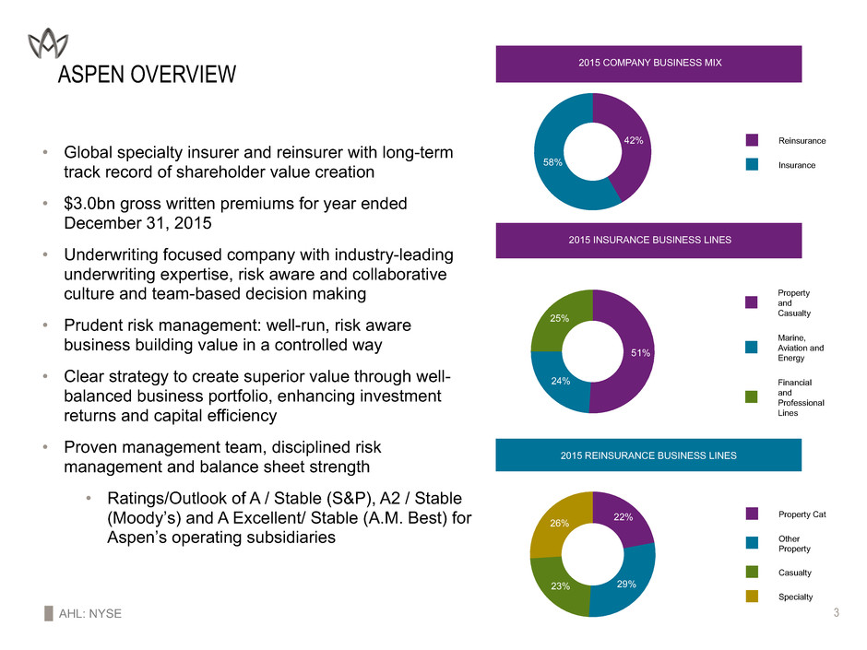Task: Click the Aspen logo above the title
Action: [x=47, y=41]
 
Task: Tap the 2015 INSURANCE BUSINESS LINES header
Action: [x=648, y=240]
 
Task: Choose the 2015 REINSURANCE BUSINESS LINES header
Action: [x=648, y=455]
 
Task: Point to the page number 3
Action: [x=835, y=613]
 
